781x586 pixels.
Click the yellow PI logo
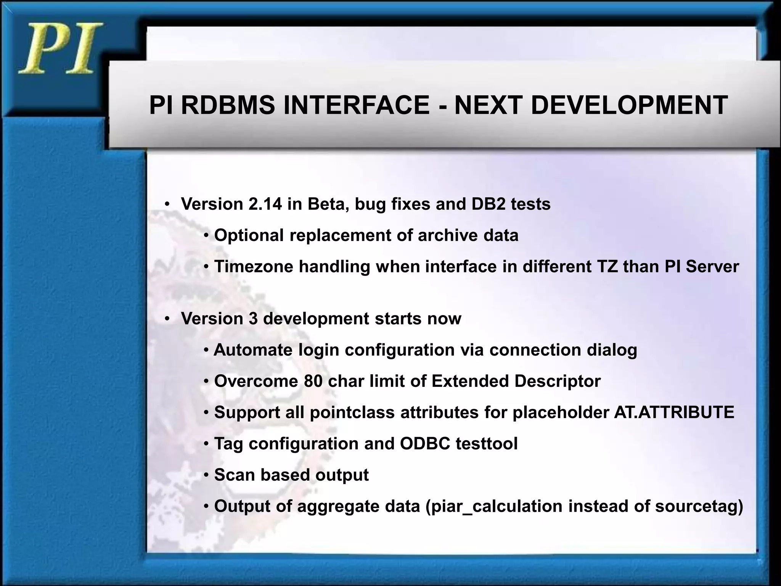(59, 48)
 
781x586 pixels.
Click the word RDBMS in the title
(227, 105)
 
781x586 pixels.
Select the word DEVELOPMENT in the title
(629, 105)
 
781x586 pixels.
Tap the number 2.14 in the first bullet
(265, 204)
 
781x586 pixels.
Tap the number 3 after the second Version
(253, 319)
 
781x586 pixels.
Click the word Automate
(253, 350)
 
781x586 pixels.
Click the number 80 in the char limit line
(313, 381)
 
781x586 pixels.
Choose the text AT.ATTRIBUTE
(674, 412)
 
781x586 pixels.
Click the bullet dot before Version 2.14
(167, 204)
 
